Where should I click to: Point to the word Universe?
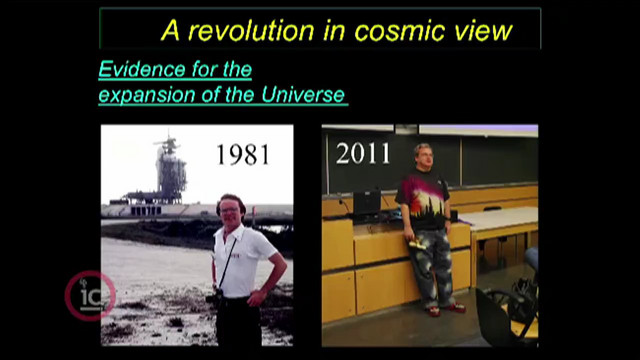(x=303, y=95)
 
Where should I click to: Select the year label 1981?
(x=243, y=155)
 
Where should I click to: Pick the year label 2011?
(x=363, y=153)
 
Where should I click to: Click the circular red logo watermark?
(x=90, y=296)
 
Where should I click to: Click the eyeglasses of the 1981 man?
(x=229, y=211)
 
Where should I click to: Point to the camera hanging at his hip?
(x=215, y=297)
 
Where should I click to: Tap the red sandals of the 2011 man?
(x=446, y=309)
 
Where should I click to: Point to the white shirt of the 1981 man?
(x=242, y=260)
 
